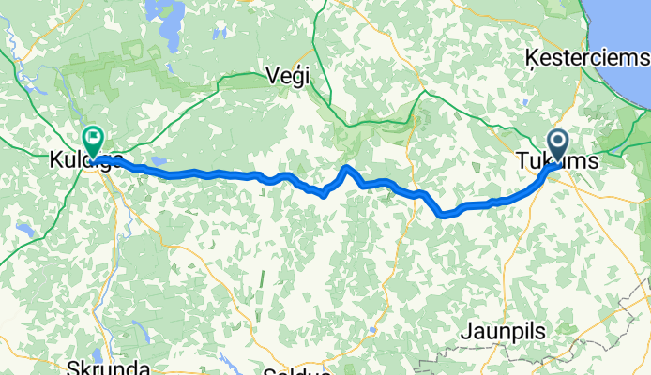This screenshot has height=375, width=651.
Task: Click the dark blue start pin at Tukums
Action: (x=557, y=145)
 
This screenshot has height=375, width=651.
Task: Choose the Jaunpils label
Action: (x=502, y=331)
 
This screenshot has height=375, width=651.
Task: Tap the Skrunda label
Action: (x=104, y=367)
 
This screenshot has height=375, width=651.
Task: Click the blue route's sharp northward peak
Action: (x=346, y=168)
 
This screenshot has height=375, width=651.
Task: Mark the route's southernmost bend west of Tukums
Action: (x=445, y=215)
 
